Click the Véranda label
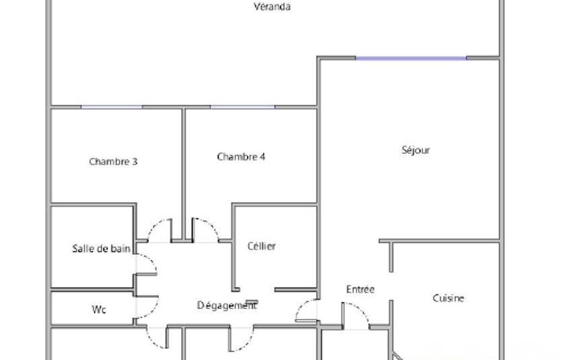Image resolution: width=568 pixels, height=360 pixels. pyautogui.click(x=272, y=7)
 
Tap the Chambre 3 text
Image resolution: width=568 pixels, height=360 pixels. pyautogui.click(x=113, y=162)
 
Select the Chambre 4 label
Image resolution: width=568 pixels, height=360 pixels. pyautogui.click(x=241, y=157)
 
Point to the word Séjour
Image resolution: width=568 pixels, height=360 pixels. pyautogui.click(x=416, y=150)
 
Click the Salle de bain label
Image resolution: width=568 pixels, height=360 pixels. pyautogui.click(x=101, y=249)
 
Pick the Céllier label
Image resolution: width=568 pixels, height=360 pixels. pyautogui.click(x=262, y=246)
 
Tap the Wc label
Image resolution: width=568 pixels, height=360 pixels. pyautogui.click(x=99, y=310)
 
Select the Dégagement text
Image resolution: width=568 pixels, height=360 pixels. pyautogui.click(x=227, y=305)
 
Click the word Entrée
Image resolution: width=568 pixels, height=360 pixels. pyautogui.click(x=360, y=289)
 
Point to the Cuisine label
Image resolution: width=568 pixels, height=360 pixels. pyautogui.click(x=448, y=298)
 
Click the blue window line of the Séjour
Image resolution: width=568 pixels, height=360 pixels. pyautogui.click(x=411, y=58)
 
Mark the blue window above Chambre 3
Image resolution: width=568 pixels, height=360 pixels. pyautogui.click(x=111, y=107)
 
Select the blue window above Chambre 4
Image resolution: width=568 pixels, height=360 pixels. pyautogui.click(x=242, y=107)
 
